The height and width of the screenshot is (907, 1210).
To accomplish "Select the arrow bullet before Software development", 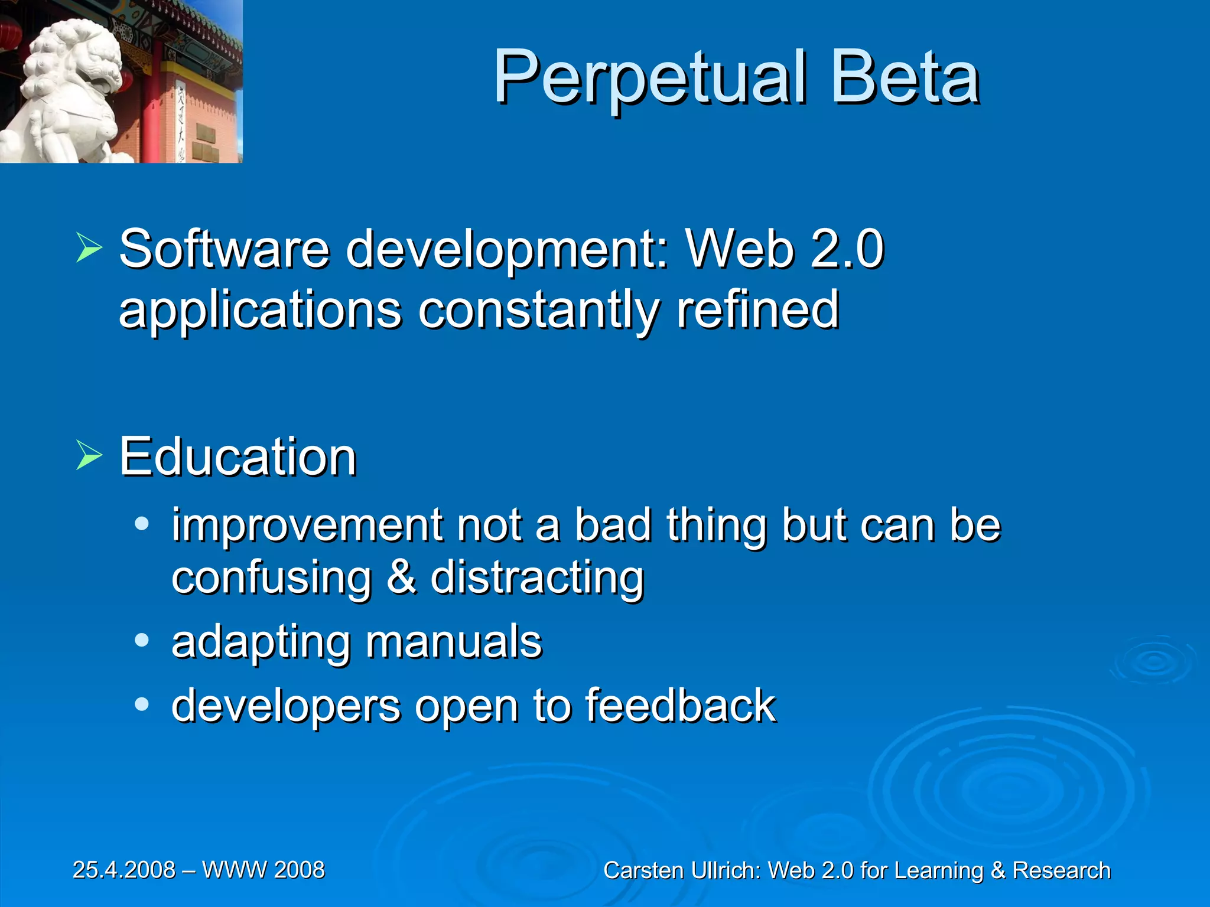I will [x=89, y=248].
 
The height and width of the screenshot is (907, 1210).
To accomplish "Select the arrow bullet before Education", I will [x=89, y=456].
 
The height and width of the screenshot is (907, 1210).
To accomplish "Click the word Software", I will [x=225, y=249].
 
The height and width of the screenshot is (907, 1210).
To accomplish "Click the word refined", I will [x=757, y=309].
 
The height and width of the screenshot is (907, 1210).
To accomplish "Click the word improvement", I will [x=307, y=525].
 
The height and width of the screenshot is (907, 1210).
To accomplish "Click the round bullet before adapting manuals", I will [x=141, y=640].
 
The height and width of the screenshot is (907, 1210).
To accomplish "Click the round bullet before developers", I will [x=141, y=704].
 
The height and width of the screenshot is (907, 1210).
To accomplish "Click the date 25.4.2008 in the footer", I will [x=124, y=870].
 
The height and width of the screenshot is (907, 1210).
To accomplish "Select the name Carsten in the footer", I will [x=643, y=870].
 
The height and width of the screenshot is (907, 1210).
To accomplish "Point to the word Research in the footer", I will [x=1061, y=870].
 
